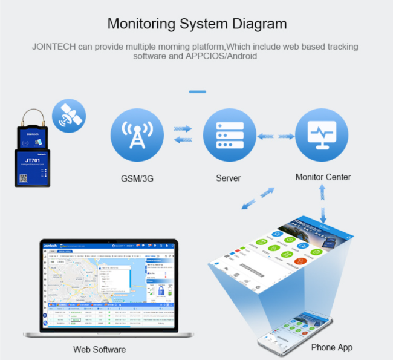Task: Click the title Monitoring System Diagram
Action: click(197, 24)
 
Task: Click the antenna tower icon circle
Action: click(137, 134)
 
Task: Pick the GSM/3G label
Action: click(137, 178)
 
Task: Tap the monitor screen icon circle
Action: click(322, 134)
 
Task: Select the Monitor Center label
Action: click(323, 177)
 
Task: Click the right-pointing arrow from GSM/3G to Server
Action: click(181, 129)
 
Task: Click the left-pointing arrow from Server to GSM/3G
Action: click(181, 141)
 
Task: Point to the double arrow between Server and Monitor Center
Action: click(275, 136)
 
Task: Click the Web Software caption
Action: click(100, 349)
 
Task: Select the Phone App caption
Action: click(331, 347)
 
